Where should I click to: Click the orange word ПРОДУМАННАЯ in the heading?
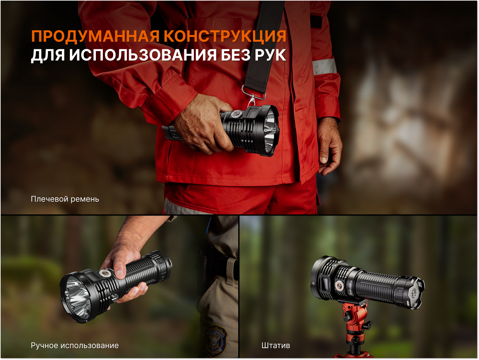(x=95, y=36)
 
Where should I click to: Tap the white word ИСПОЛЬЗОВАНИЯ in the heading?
(x=143, y=55)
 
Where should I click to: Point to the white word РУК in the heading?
(x=270, y=55)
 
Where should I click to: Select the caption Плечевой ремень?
(x=65, y=199)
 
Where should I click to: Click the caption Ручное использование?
(x=75, y=346)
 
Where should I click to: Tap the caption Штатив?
(x=276, y=346)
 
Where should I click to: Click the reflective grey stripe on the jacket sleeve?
(x=324, y=66)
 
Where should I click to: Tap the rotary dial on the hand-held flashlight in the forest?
(x=104, y=273)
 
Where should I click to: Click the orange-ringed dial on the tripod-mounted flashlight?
(x=339, y=286)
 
